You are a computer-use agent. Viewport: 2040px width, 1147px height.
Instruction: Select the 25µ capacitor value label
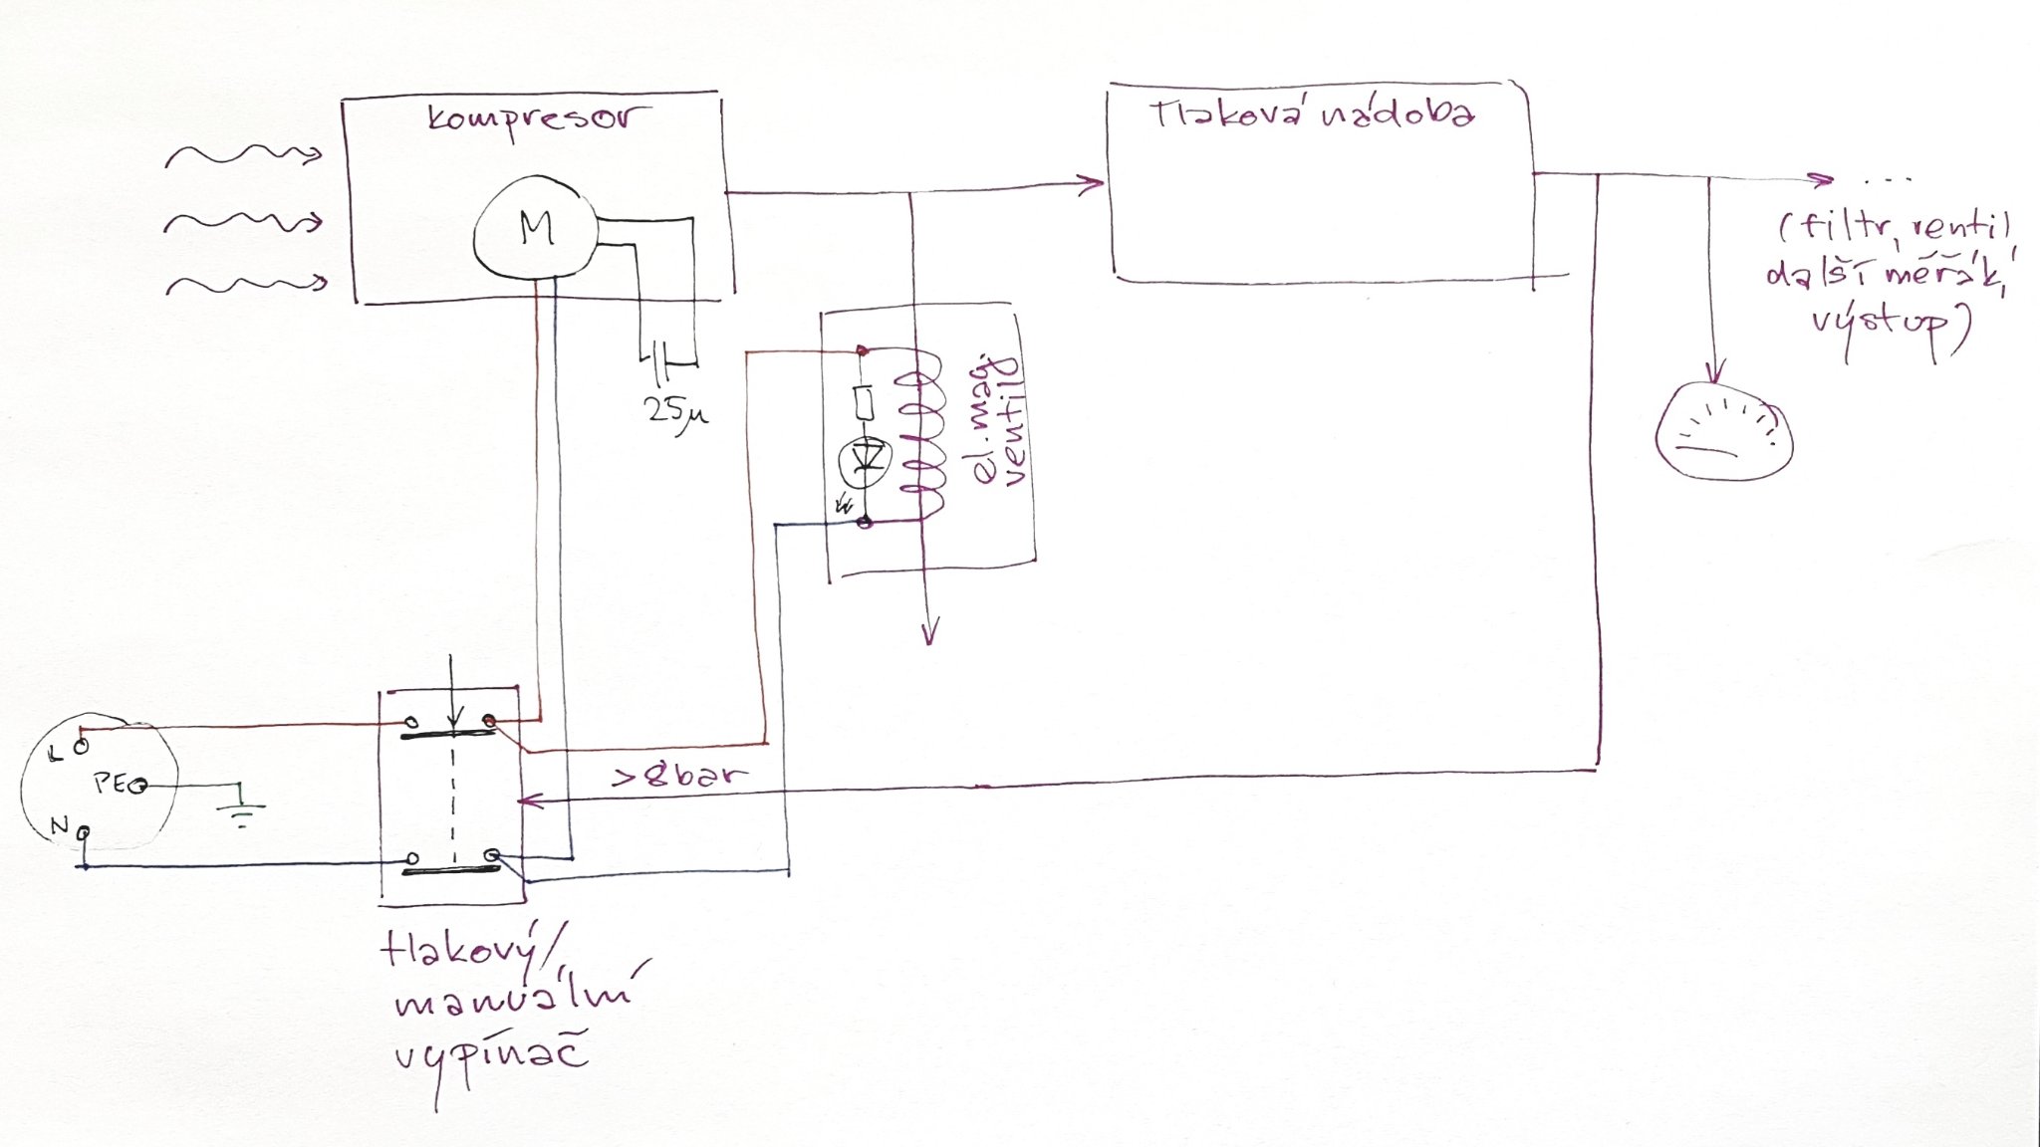coord(675,411)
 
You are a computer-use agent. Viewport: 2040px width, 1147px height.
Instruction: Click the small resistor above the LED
coord(864,403)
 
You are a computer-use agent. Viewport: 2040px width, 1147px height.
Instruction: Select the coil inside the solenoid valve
coord(921,433)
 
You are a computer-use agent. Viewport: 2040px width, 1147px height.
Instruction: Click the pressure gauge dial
coord(1723,433)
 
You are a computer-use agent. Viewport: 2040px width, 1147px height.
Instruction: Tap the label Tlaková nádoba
coord(1313,115)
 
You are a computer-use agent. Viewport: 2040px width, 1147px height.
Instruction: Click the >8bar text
coord(679,776)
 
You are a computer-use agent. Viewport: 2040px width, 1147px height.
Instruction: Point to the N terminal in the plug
coord(84,831)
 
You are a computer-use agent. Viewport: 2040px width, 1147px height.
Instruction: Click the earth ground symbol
coord(240,811)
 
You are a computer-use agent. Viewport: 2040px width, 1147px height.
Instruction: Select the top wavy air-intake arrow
coord(244,155)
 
